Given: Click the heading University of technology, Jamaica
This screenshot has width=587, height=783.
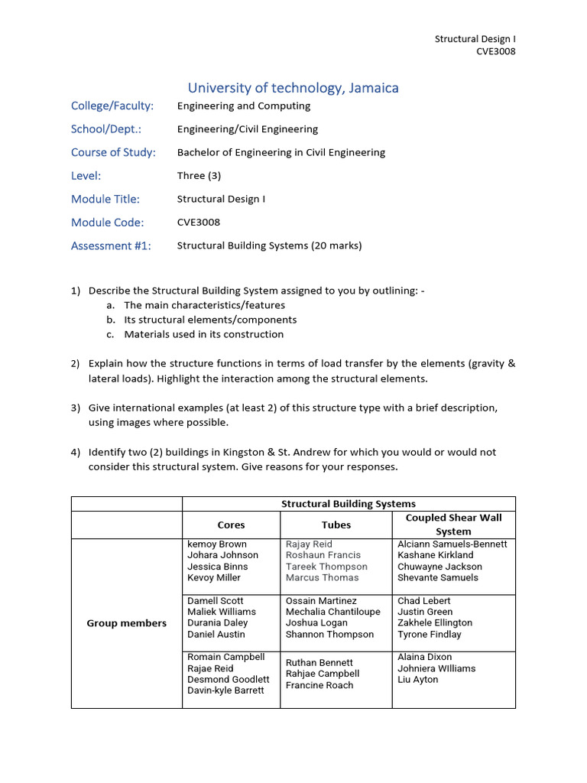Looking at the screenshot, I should click(x=293, y=88).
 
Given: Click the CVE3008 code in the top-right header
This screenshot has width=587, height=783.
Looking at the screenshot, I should click(x=496, y=51).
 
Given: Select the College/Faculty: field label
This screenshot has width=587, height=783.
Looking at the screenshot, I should click(x=112, y=106).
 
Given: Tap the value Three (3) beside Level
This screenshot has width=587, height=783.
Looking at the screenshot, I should click(x=199, y=175).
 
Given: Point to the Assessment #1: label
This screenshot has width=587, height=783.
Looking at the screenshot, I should click(x=111, y=245).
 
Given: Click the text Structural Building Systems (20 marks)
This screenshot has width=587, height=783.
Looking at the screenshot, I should click(x=269, y=245).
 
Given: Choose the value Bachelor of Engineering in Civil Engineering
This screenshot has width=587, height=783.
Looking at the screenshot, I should click(x=281, y=152).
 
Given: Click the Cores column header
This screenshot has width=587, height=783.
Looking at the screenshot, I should click(x=231, y=525).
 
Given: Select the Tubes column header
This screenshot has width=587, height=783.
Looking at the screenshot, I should click(x=336, y=525).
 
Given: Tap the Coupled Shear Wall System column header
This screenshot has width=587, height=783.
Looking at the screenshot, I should click(x=453, y=525).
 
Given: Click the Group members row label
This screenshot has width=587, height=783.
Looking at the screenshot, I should click(x=126, y=623).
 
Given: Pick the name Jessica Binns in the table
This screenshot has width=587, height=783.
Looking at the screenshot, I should click(x=218, y=567).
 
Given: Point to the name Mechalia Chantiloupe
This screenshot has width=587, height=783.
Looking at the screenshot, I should click(x=332, y=612).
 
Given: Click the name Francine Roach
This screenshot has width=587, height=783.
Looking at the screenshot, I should click(x=319, y=685).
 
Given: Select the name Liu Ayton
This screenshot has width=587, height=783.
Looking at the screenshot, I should click(x=418, y=679).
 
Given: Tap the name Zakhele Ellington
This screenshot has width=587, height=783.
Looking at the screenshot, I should click(x=435, y=622).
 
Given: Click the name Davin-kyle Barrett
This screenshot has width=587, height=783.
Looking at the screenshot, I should click(x=225, y=690).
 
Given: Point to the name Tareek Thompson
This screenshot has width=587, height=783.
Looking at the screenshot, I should click(x=326, y=567).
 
